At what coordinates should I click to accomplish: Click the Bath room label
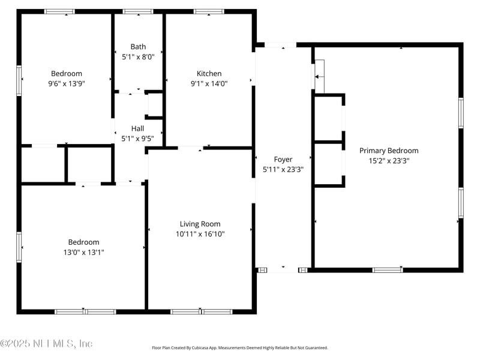coord(138,46)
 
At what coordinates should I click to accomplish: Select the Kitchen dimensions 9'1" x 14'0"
coord(209,83)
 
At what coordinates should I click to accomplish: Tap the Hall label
coord(137,128)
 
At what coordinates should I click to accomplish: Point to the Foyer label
coord(283,160)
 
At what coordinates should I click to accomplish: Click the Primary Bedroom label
coord(389,151)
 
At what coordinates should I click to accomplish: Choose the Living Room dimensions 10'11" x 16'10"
coord(200,234)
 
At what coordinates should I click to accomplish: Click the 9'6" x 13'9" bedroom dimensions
coord(67,83)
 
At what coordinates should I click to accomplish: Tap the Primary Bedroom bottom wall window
coord(388,270)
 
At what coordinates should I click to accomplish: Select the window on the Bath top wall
coord(138,11)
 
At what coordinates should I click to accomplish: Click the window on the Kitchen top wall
coord(209,11)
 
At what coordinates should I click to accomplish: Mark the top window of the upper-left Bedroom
coord(60,11)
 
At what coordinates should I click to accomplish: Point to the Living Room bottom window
coord(201,311)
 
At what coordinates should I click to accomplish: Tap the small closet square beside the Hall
coord(155,105)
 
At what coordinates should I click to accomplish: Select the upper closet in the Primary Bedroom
coord(328,118)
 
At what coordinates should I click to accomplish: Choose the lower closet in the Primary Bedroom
coord(328,164)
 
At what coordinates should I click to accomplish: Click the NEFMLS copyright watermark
coord(47,344)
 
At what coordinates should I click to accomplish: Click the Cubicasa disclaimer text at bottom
coord(240,348)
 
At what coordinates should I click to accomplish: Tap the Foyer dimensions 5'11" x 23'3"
coord(283,169)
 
